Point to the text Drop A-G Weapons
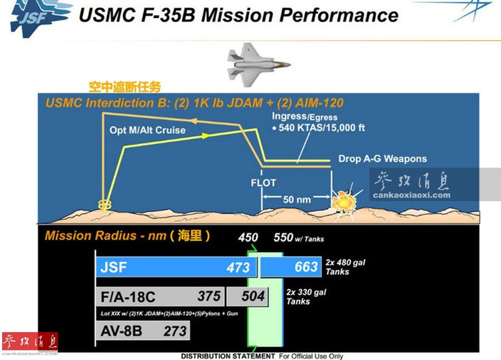[x=382, y=159]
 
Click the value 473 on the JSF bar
[x=233, y=267]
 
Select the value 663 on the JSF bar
[x=304, y=267]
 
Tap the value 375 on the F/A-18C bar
[x=209, y=296]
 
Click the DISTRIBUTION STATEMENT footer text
[x=227, y=356]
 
